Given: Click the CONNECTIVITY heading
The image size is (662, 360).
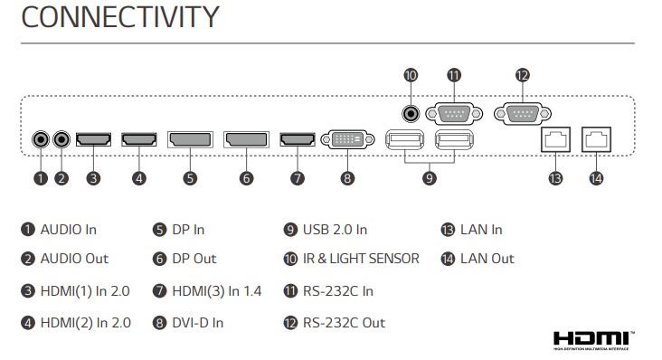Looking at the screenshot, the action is [120, 17].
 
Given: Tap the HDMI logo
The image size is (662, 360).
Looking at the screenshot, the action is [593, 341].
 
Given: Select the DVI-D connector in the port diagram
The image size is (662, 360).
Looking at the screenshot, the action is [347, 139].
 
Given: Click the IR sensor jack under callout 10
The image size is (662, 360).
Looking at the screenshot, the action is [411, 114].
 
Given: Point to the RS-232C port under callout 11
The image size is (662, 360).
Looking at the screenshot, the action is [454, 114].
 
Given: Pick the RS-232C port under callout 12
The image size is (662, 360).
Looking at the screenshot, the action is [523, 114].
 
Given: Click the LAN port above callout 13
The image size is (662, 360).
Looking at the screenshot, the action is [555, 139].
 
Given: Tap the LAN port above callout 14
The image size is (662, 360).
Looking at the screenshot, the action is [596, 139].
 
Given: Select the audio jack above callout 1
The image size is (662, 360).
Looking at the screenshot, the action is [41, 139].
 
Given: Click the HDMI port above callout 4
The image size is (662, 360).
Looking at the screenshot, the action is [139, 139].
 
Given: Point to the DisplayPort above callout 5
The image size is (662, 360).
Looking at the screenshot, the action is [190, 139].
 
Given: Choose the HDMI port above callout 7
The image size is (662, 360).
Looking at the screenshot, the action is [298, 139].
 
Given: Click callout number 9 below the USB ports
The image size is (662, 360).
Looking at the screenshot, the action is [430, 178].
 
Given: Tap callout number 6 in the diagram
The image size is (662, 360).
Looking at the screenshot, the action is [247, 178].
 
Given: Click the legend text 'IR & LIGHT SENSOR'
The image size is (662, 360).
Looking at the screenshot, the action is [361, 259].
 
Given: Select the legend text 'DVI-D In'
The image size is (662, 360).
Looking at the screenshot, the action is [197, 323].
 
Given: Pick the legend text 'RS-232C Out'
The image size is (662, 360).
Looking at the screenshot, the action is [344, 323].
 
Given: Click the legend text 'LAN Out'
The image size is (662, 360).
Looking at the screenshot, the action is [487, 259].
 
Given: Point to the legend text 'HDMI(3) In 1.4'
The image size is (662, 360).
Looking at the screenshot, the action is [217, 291].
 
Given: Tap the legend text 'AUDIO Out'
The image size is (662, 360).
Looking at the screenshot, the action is [74, 259].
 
